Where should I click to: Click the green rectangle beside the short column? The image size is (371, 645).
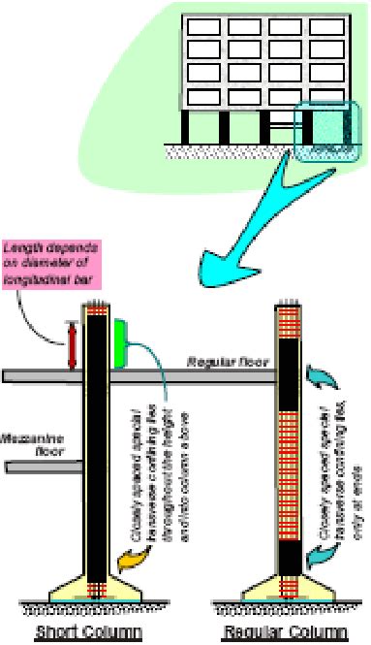pyautogui.click(x=120, y=342)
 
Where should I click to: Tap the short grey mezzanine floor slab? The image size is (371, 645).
pyautogui.click(x=45, y=468)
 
